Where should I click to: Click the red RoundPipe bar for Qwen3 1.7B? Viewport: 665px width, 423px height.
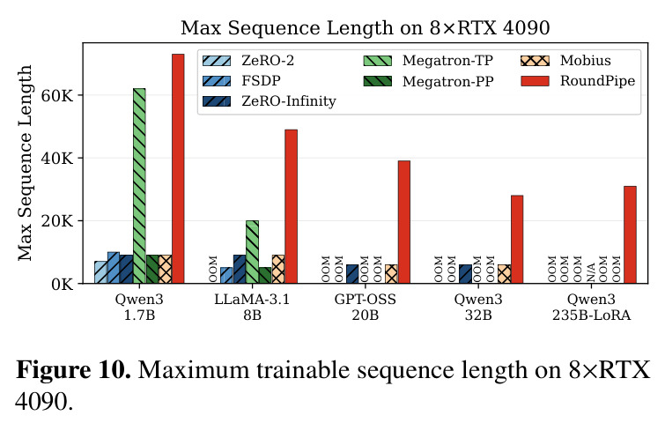tap(178, 168)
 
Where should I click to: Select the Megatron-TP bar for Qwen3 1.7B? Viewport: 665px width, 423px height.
tap(139, 186)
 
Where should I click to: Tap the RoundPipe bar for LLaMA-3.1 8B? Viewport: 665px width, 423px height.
tap(291, 206)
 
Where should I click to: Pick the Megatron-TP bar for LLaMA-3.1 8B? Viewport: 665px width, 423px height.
tap(252, 252)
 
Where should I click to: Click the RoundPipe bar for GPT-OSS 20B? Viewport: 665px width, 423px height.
tap(404, 222)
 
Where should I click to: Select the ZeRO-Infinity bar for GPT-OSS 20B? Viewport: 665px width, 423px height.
tap(352, 274)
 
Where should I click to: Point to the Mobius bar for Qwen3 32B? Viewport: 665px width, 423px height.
tap(505, 274)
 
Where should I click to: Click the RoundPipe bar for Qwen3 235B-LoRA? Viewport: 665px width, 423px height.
tap(631, 234)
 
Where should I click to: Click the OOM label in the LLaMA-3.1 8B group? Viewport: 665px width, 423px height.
tap(213, 269)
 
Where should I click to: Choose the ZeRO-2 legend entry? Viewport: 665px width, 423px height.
tap(248, 61)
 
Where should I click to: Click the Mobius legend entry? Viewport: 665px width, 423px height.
tap(565, 61)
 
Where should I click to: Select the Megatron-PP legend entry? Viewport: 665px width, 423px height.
tap(428, 81)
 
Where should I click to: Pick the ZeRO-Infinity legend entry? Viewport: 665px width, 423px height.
tap(270, 101)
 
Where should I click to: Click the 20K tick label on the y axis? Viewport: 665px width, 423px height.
tap(57, 221)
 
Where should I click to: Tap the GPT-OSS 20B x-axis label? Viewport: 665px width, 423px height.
tap(366, 308)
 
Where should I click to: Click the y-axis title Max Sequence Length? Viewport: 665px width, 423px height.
tap(25, 163)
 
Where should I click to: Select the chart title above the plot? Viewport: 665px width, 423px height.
tap(366, 28)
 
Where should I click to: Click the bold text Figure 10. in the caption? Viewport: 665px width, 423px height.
tap(73, 369)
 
